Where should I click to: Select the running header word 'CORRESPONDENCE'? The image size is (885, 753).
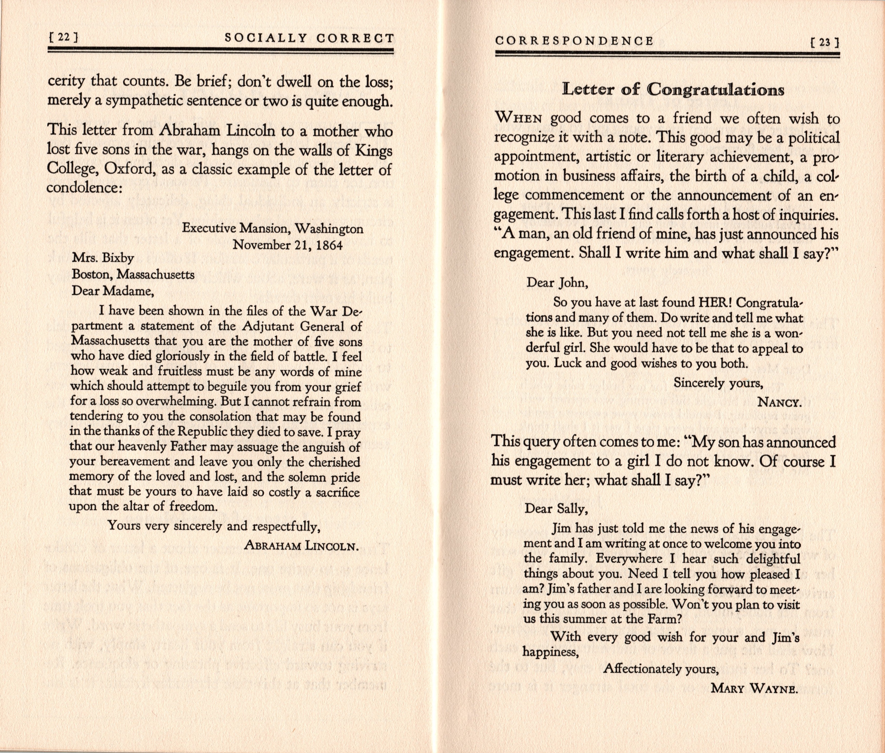(x=574, y=41)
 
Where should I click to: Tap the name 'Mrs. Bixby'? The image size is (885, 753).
(x=103, y=258)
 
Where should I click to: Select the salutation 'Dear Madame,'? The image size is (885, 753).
(x=112, y=291)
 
